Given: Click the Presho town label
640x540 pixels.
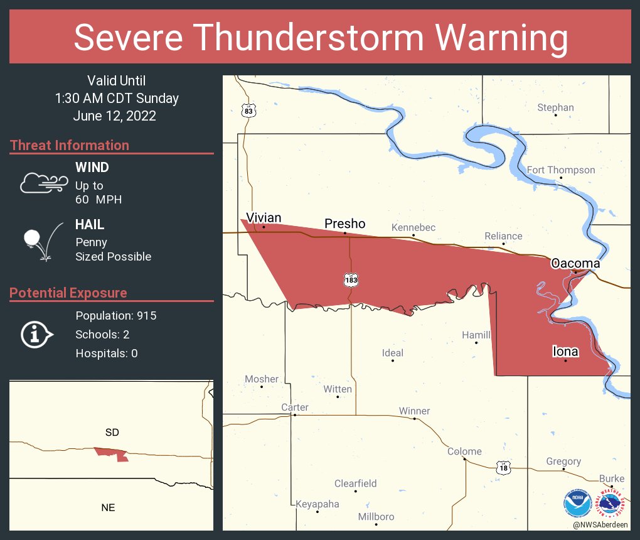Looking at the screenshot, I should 344,224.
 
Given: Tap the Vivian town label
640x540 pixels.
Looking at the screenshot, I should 264,217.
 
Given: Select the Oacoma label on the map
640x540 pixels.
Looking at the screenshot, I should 575,263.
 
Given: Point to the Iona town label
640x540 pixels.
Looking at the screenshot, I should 565,352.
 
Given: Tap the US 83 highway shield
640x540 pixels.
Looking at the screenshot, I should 249,111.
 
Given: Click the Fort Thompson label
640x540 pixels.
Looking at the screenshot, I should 560,170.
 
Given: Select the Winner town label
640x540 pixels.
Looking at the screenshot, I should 414,411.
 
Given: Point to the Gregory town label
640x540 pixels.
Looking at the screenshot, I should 563,462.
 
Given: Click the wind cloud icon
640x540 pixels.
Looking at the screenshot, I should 43,183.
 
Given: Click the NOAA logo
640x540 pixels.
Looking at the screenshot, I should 577,503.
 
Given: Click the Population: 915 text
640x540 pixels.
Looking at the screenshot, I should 115,315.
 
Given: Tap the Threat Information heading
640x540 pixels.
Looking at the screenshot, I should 70,145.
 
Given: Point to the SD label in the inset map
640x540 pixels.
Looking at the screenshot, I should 112,432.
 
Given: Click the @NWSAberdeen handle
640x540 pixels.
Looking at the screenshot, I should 601,524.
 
